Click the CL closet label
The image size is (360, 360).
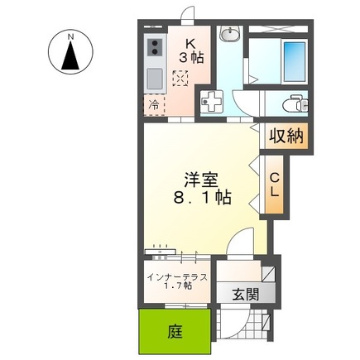click(275, 186)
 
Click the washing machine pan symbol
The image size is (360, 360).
click(214, 103)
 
